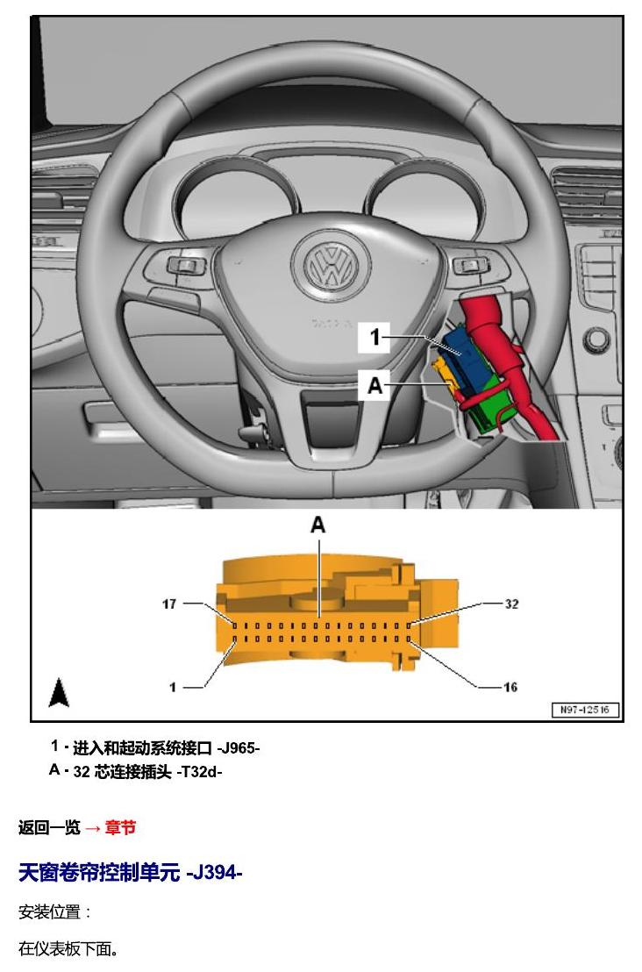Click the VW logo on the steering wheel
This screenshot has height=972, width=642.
click(x=333, y=264)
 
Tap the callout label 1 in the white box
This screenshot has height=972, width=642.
click(x=374, y=337)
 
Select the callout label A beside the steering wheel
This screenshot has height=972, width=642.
click(x=375, y=385)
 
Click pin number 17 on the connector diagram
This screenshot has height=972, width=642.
click(x=169, y=604)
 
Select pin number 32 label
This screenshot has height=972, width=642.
click(x=511, y=604)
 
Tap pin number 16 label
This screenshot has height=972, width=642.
click(x=510, y=687)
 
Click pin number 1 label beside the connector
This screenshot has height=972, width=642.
click(x=173, y=687)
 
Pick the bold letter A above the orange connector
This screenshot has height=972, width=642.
click(x=317, y=525)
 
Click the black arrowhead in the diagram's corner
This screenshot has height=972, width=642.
click(x=58, y=692)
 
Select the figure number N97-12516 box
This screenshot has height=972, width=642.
click(x=585, y=710)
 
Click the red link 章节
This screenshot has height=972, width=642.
click(x=120, y=827)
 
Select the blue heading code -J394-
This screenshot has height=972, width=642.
click(x=214, y=873)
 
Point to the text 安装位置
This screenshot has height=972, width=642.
click(x=50, y=911)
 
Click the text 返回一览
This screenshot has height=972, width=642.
click(x=49, y=827)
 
